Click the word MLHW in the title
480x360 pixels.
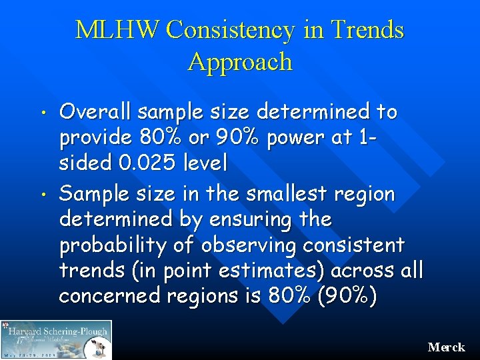(x=118, y=30)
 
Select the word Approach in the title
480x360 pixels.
(x=240, y=62)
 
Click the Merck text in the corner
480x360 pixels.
(x=446, y=347)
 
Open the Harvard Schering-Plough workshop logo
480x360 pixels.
(x=57, y=339)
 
